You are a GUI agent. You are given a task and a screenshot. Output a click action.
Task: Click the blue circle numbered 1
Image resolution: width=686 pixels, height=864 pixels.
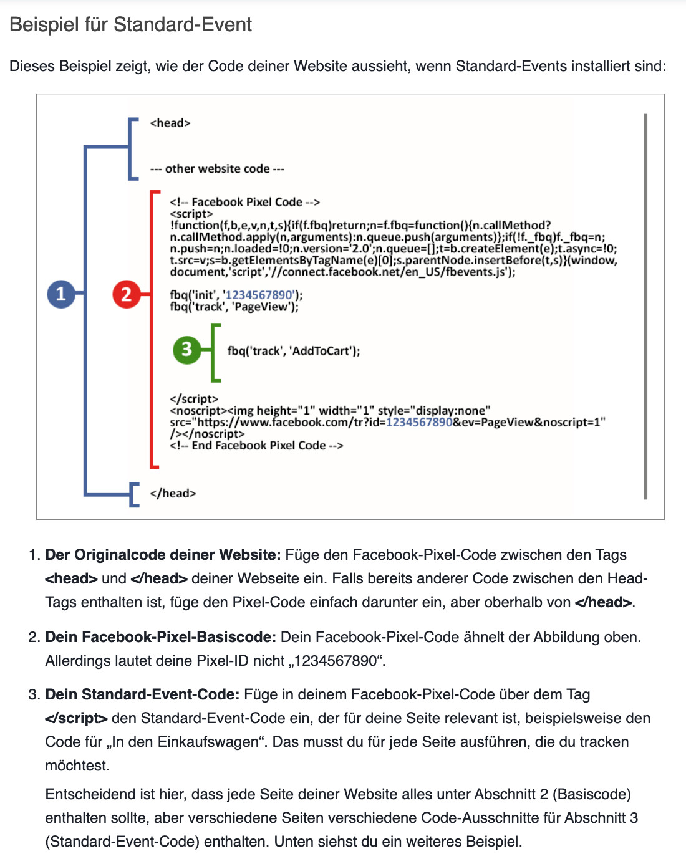pyautogui.click(x=61, y=294)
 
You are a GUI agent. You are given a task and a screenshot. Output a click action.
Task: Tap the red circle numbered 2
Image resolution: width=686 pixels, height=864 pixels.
pyautogui.click(x=127, y=294)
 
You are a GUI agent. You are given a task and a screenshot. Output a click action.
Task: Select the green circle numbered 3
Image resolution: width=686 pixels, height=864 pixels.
pyautogui.click(x=186, y=349)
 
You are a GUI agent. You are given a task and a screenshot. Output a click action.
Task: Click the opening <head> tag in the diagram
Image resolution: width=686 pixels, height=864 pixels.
pyautogui.click(x=170, y=123)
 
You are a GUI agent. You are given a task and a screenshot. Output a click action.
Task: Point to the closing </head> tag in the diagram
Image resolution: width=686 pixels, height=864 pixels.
pyautogui.click(x=173, y=493)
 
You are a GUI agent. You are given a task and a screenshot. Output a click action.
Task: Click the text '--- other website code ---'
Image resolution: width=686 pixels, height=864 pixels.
pyautogui.click(x=217, y=168)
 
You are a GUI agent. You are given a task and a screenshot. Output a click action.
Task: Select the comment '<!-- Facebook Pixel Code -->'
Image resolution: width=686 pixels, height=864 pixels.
pyautogui.click(x=244, y=202)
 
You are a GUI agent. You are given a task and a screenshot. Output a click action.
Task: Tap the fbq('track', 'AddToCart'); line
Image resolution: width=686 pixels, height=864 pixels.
pyautogui.click(x=294, y=351)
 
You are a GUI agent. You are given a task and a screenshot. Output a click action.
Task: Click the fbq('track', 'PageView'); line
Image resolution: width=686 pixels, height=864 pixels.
pyautogui.click(x=234, y=307)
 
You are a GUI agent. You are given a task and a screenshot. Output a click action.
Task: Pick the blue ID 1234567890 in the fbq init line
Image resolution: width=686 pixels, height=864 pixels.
pyautogui.click(x=259, y=295)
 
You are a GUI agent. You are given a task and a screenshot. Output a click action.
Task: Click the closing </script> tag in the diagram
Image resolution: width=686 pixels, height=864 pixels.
pyautogui.click(x=194, y=399)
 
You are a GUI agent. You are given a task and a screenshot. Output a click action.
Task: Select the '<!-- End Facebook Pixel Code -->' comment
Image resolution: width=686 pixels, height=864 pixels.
pyautogui.click(x=256, y=445)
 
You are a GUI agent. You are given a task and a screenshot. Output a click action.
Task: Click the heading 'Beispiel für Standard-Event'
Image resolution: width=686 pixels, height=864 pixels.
pyautogui.click(x=131, y=24)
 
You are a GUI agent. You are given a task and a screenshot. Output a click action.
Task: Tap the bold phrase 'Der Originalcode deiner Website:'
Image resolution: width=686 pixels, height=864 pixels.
pyautogui.click(x=163, y=555)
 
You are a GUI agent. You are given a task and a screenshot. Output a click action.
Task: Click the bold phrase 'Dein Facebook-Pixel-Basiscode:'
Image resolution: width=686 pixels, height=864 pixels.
pyautogui.click(x=160, y=637)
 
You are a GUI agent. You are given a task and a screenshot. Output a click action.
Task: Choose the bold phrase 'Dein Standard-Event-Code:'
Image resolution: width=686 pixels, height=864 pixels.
pyautogui.click(x=142, y=694)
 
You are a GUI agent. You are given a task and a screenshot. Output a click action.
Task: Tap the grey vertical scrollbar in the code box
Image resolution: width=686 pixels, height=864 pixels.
pyautogui.click(x=645, y=306)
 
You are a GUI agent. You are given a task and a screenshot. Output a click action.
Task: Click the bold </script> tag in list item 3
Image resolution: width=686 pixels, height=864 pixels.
pyautogui.click(x=76, y=718)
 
